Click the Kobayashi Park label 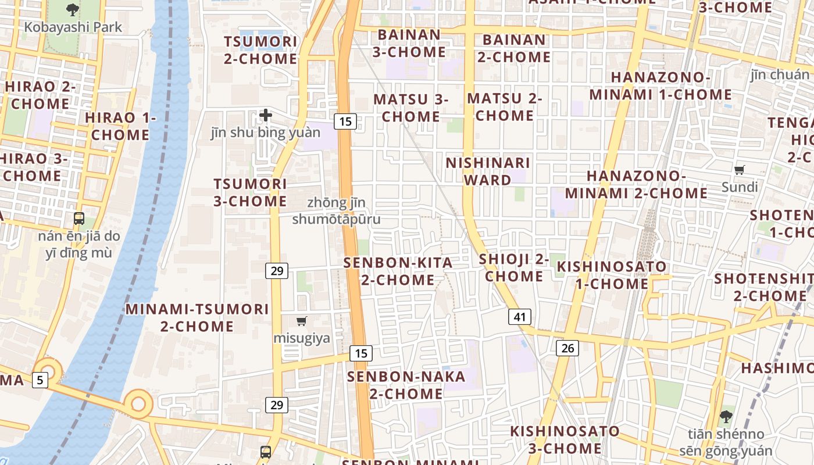pos(73,27)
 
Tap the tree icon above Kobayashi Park pos(73,9)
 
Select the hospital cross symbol pos(266,115)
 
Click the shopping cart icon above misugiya pos(301,321)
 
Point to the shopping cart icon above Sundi pos(740,170)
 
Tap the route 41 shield pos(519,317)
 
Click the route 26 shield pos(567,348)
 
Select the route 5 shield pos(40,380)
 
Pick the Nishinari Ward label pos(488,171)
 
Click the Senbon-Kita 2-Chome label pos(398,271)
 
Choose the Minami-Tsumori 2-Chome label pos(197,317)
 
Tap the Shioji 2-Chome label pos(514,267)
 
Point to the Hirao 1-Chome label pos(120,126)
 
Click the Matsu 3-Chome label pos(410,108)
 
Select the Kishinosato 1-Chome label pos(612,275)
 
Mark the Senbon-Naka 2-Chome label pos(406,385)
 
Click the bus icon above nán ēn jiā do pos(79,219)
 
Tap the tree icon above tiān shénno pos(726,416)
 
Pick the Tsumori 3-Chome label pos(250,192)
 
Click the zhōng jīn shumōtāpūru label pos(336,211)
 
